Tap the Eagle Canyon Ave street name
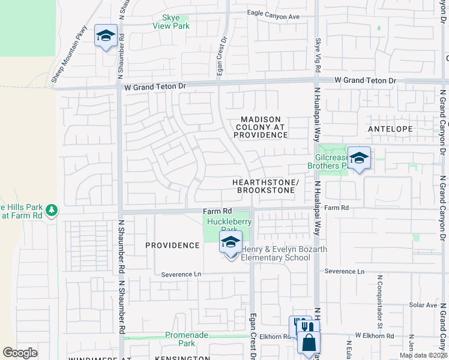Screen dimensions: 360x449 (273, 16)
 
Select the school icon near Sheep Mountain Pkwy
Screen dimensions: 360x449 (106, 37)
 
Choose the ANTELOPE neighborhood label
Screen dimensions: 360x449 (390, 129)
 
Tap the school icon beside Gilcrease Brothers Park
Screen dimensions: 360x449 (359, 158)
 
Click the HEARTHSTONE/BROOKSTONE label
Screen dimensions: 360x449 (266, 186)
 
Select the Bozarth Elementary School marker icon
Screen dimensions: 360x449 (231, 242)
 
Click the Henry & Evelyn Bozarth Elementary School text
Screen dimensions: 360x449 (276, 253)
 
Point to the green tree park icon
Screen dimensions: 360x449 (52, 209)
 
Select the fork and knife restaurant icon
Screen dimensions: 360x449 (307, 327)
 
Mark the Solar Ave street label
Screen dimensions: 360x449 (423, 305)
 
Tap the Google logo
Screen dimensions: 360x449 (20, 353)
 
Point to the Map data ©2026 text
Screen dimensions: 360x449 (423, 355)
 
